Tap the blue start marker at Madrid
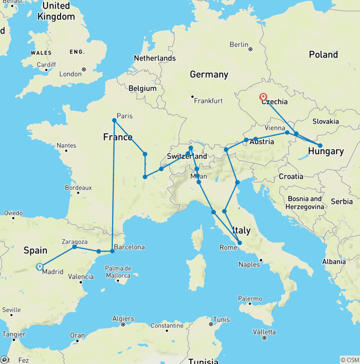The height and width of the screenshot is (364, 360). click(39, 267)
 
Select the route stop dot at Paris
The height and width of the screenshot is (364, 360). click(114, 121)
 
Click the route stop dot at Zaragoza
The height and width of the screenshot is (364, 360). click(75, 247)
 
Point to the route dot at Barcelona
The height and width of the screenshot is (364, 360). click(112, 251)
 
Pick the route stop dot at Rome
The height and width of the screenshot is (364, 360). click(240, 243)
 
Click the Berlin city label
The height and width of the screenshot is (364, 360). click(239, 45)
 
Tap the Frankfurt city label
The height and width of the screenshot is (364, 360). click(209, 100)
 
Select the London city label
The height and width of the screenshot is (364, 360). click(70, 74)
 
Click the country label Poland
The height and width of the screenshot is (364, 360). click(323, 55)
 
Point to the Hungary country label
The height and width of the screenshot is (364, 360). click(326, 151)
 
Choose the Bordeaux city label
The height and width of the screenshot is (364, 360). click(78, 187)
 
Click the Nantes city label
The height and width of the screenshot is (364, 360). click(66, 145)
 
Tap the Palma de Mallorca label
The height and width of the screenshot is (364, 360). click(118, 272)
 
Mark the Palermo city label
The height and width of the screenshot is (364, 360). click(250, 298)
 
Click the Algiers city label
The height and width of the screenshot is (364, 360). click(123, 318)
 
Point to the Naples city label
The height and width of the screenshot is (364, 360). click(249, 264)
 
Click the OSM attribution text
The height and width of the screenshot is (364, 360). click(350, 360)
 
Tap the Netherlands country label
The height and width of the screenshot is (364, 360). click(155, 58)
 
